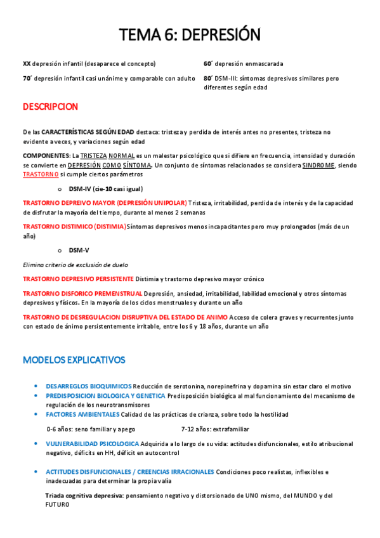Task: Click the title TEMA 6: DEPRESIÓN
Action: pyautogui.click(x=190, y=34)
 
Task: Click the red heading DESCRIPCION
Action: pyautogui.click(x=50, y=107)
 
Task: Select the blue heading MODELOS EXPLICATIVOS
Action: pyautogui.click(x=74, y=360)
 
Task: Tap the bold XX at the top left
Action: pyautogui.click(x=27, y=63)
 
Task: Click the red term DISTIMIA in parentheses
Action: pyautogui.click(x=110, y=226)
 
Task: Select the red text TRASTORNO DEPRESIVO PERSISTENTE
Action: pyautogui.click(x=78, y=279)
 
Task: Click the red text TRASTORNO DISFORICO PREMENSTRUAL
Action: pyautogui.click(x=82, y=294)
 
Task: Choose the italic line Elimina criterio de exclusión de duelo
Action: pyautogui.click(x=75, y=265)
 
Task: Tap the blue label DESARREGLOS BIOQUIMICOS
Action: pyautogui.click(x=88, y=386)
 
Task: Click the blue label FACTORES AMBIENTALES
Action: pyautogui.click(x=82, y=414)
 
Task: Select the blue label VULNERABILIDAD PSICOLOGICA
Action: pyautogui.click(x=92, y=443)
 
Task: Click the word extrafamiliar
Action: pyautogui.click(x=227, y=429)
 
